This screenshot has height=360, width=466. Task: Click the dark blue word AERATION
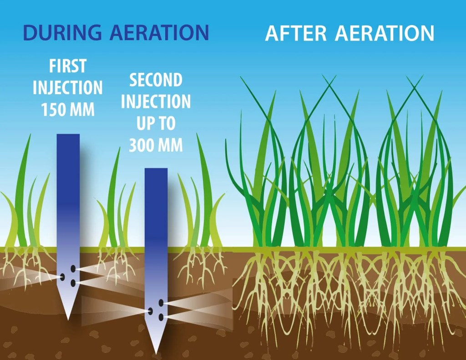[159, 32]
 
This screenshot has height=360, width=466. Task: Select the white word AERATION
[385, 33]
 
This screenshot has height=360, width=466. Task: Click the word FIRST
[68, 66]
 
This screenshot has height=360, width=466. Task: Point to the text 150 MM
[68, 109]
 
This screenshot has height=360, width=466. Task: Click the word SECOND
[156, 80]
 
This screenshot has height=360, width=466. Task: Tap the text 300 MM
[156, 145]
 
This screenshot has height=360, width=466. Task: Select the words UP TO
[156, 124]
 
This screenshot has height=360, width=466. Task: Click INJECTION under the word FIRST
[68, 88]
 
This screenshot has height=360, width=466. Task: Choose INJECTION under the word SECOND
[156, 101]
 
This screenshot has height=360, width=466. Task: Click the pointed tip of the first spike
[68, 319]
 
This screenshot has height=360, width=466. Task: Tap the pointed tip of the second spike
[156, 354]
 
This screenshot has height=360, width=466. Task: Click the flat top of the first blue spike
[68, 134]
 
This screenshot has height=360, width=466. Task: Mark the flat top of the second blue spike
[156, 168]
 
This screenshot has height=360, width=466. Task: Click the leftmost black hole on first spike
[62, 277]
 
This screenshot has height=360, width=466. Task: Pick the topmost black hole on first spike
[73, 269]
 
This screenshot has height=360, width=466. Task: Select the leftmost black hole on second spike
[150, 311]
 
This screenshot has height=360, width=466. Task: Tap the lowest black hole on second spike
[161, 318]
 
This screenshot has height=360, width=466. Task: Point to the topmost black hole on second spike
[161, 303]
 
